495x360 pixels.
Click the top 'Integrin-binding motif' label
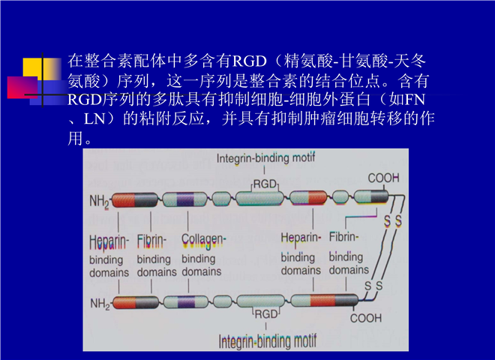265,158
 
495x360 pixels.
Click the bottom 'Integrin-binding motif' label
268,341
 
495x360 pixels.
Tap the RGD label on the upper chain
265,184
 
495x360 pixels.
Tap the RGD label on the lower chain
266,314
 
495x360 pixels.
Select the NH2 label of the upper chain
99,201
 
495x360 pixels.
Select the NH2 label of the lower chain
100,304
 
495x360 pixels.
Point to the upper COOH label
383,178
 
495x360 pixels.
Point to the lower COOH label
366,318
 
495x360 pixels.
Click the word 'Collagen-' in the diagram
203,241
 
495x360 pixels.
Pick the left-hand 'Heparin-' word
109,242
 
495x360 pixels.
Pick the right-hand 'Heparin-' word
301,238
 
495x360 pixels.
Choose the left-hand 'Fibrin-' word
151,241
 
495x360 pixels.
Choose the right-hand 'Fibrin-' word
343,236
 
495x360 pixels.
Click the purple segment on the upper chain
185,199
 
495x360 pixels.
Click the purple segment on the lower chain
187,302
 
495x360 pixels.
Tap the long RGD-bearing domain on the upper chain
259,198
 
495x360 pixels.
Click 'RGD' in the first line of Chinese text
250,61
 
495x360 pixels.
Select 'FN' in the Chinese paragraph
414,99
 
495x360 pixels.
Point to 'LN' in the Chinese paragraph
94,118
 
